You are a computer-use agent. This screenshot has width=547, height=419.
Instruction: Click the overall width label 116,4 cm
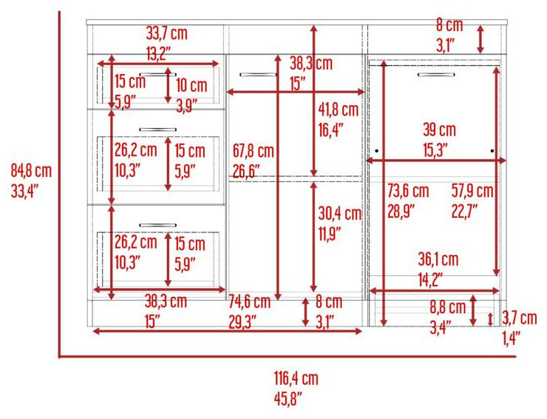tap(296, 378)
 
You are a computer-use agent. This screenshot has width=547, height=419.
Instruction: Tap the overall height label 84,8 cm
tap(31, 171)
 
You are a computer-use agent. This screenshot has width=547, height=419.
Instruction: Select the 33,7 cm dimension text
tap(167, 33)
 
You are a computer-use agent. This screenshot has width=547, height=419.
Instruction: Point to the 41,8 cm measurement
tap(339, 110)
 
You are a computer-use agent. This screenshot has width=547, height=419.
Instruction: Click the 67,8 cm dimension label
tap(254, 151)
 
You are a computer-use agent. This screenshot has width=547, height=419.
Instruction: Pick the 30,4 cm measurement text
tap(340, 213)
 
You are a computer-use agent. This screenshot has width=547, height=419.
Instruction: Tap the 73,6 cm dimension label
tap(408, 191)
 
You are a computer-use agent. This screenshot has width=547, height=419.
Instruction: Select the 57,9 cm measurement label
tap(472, 191)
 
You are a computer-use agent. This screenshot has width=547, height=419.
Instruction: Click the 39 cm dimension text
tap(440, 130)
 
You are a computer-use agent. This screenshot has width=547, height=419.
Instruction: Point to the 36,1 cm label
tap(438, 259)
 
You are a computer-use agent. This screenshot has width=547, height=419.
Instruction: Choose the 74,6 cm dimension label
tap(249, 302)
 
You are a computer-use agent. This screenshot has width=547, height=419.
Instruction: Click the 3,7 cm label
tap(520, 318)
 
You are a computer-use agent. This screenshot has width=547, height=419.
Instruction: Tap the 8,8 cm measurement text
tap(448, 307)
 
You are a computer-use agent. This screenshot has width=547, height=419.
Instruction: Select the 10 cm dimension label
tap(191, 85)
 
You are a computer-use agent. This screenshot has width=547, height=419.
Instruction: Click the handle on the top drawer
tap(157, 74)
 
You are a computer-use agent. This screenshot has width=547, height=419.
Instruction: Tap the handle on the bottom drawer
tap(157, 225)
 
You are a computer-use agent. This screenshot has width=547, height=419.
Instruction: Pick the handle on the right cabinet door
tap(436, 75)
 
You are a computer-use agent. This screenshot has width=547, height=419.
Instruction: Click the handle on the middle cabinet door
tap(259, 75)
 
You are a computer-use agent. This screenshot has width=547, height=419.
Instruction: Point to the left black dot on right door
tap(377, 151)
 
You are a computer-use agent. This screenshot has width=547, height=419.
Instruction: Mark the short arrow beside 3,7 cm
tap(490, 319)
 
